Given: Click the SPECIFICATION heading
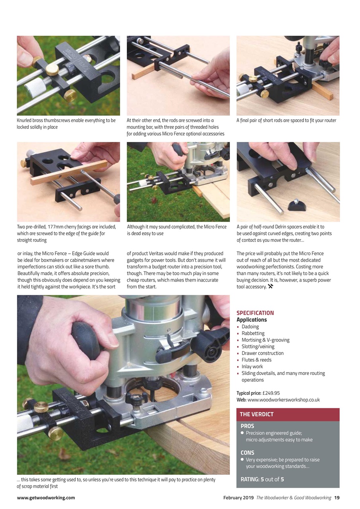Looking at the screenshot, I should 255,313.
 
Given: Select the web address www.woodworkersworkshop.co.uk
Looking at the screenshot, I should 283,400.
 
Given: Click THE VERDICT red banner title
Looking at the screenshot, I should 257,414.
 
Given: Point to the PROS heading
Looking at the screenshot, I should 247,426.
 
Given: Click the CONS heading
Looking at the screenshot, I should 247,453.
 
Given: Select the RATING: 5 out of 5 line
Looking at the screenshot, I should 262,479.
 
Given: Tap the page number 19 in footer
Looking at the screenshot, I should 337,497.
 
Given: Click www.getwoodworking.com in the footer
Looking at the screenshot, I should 46,497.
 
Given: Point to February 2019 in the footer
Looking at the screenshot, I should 238,497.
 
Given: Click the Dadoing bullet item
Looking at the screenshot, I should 250,326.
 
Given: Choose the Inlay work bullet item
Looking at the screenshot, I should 252,367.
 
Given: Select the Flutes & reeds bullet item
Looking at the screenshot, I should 257,360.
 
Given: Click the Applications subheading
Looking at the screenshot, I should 251,320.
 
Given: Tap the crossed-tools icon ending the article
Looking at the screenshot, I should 270,287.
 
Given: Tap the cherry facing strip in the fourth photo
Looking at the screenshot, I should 68,172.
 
